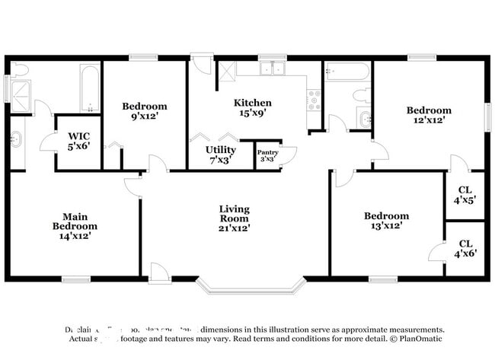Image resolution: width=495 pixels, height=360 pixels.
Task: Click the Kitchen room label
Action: click(252, 103)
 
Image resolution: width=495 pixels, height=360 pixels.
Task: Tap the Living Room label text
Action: click(234, 218)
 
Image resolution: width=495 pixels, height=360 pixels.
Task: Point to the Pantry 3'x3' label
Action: click(267, 155)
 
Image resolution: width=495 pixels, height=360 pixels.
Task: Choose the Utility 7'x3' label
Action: click(220, 155)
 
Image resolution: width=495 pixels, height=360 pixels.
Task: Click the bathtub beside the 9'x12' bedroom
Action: click(90, 87)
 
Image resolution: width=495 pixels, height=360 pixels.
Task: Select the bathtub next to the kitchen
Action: click(346, 71)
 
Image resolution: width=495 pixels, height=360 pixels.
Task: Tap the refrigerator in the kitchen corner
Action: click(225, 72)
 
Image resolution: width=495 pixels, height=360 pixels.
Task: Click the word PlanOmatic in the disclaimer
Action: click(417, 339)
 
